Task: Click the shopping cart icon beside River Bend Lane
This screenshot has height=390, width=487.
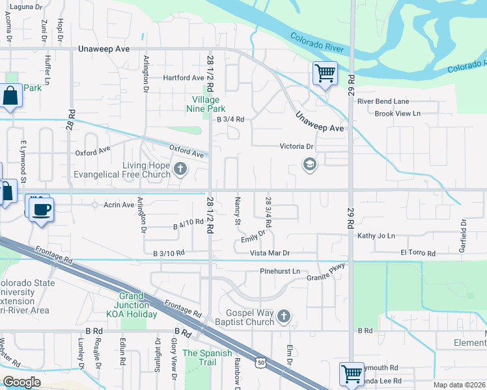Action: pos(324,72)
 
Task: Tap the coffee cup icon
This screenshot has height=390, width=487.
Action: pos(42,210)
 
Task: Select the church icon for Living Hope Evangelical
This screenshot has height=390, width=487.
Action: pos(180,170)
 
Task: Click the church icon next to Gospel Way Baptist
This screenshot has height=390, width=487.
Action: pos(283,317)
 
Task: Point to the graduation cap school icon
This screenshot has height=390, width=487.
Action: pos(309,165)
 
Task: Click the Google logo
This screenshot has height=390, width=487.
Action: pos(21,382)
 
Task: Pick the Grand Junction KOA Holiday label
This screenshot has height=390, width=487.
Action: pos(133,305)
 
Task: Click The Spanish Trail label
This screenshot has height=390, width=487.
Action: pos(207,357)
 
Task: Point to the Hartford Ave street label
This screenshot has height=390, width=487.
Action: pos(184,78)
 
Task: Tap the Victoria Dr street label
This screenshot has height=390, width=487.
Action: pos(297,146)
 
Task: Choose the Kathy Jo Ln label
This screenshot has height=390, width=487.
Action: pos(376,236)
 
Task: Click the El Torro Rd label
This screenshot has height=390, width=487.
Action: pos(417,252)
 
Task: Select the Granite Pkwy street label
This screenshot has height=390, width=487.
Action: pos(326,273)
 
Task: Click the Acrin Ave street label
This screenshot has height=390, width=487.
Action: pos(118,205)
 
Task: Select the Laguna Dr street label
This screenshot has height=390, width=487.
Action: pos(25,6)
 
